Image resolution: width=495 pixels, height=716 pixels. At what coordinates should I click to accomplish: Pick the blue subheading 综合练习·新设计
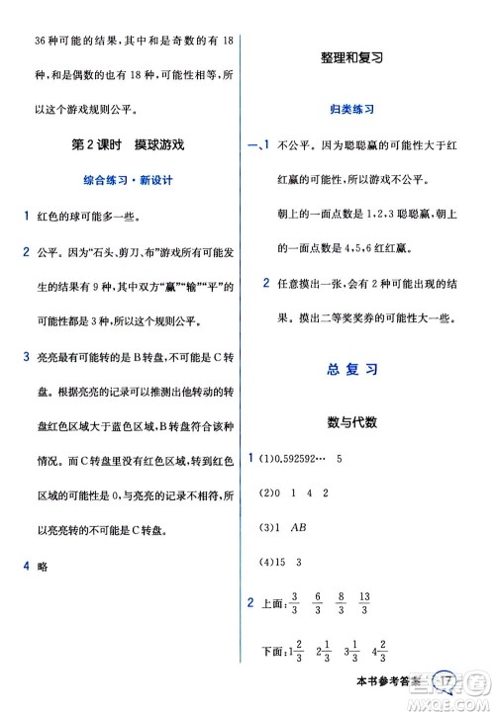click(x=123, y=181)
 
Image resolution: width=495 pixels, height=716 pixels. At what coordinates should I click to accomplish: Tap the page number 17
click(x=447, y=681)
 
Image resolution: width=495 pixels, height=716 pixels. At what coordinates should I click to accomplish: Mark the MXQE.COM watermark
click(x=449, y=702)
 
